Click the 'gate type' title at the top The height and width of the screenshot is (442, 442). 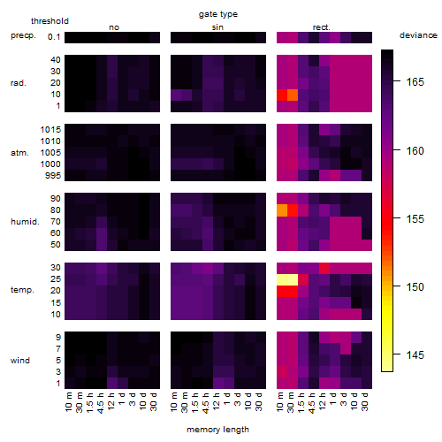(218, 14)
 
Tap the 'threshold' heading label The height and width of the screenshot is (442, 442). (50, 21)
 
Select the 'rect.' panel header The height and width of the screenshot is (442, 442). (321, 27)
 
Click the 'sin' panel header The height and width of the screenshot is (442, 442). (217, 27)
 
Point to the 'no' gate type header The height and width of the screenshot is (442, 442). (114, 27)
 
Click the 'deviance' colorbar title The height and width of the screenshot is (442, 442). (418, 35)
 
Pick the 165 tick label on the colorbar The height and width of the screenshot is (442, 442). (415, 81)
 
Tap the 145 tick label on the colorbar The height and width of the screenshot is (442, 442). (415, 354)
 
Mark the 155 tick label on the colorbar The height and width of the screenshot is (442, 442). (415, 219)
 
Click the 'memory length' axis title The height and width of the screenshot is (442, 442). (217, 430)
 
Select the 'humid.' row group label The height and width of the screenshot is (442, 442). (25, 222)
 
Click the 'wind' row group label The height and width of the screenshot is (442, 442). (20, 361)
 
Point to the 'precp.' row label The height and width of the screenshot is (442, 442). (23, 35)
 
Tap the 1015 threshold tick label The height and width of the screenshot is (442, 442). (50, 130)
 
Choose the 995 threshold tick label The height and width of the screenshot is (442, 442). (53, 176)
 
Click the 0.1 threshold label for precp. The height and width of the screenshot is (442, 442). (54, 37)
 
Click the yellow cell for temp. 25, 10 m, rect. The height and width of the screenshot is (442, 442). (282, 279)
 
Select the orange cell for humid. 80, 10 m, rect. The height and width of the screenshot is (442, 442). (282, 210)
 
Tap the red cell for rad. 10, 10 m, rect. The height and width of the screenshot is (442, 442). (282, 95)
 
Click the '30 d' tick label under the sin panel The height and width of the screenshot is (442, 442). (258, 401)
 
